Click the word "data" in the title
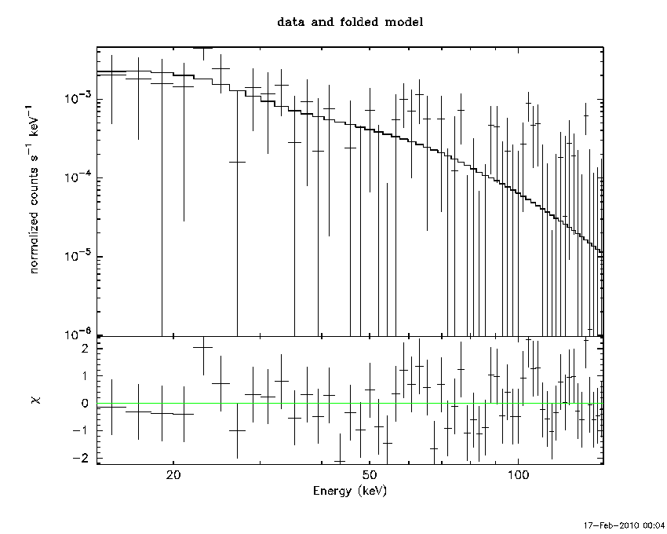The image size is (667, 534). coord(290,22)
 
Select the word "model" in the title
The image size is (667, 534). coord(403,22)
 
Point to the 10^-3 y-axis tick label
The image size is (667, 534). coord(78,97)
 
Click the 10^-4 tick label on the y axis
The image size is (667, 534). coord(78,176)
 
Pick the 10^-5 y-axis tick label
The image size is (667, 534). coord(78,255)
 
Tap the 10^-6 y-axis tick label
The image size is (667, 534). coord(78,334)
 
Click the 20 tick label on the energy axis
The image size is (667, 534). coord(173,474)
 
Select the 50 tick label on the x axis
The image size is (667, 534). coord(370,474)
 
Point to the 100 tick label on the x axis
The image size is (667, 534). coord(518,474)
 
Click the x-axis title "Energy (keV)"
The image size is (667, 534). coord(350,491)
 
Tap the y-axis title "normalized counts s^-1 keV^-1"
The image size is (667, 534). coord(33,188)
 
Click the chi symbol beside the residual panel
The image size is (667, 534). coord(37,400)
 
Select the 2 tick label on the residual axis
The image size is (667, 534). coord(85,349)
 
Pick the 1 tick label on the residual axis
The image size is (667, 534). coord(85,376)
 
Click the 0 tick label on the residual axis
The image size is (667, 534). coord(85,404)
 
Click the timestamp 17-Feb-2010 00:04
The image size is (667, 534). coord(623,525)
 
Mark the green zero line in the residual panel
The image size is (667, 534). coord(350,404)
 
